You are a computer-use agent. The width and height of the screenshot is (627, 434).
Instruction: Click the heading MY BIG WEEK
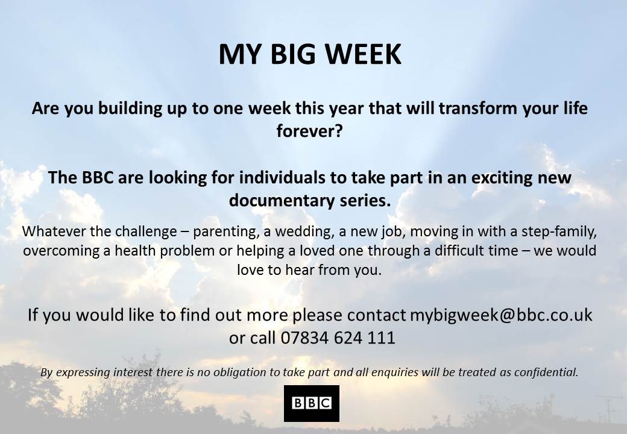309,54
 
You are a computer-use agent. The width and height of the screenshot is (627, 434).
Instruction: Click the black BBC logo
311,403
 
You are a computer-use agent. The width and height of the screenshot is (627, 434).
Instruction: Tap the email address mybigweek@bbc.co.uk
501,315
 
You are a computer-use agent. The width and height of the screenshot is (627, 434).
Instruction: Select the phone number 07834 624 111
338,338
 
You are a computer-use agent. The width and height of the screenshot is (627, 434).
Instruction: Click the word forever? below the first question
309,131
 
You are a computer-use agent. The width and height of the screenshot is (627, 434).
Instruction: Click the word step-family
567,231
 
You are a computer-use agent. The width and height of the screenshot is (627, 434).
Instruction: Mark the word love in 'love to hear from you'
251,270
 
